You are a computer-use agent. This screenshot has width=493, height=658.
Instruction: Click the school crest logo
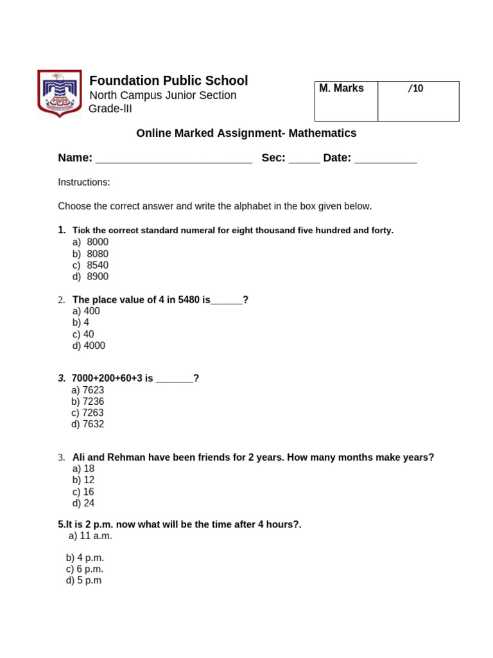pos(60,94)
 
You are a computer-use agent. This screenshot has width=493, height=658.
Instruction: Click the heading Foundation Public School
pos(168,81)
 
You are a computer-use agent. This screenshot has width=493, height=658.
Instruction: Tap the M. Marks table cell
pos(345,101)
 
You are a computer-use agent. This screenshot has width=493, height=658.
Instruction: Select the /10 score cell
pos(418,101)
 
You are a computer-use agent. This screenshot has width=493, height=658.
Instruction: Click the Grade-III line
pos(110,109)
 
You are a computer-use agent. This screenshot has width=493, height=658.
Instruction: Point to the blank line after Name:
pos(173,159)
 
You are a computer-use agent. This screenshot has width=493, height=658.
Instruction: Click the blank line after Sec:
pos(304,159)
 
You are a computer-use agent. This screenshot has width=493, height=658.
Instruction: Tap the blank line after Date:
pos(385,159)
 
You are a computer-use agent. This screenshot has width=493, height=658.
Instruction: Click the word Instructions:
pos(84,182)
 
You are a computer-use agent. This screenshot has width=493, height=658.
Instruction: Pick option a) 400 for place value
pos(86,312)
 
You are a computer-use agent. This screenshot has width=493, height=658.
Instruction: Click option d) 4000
pos(89,346)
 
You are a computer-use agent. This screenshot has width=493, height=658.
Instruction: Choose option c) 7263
pos(87,413)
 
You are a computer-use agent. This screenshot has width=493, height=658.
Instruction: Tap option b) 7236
pos(87,402)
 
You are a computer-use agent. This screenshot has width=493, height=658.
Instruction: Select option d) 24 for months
pos(83,504)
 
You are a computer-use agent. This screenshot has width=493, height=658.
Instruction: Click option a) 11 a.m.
pos(90,536)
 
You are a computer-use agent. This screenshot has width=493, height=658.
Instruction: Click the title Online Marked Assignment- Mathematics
pos(246,134)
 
